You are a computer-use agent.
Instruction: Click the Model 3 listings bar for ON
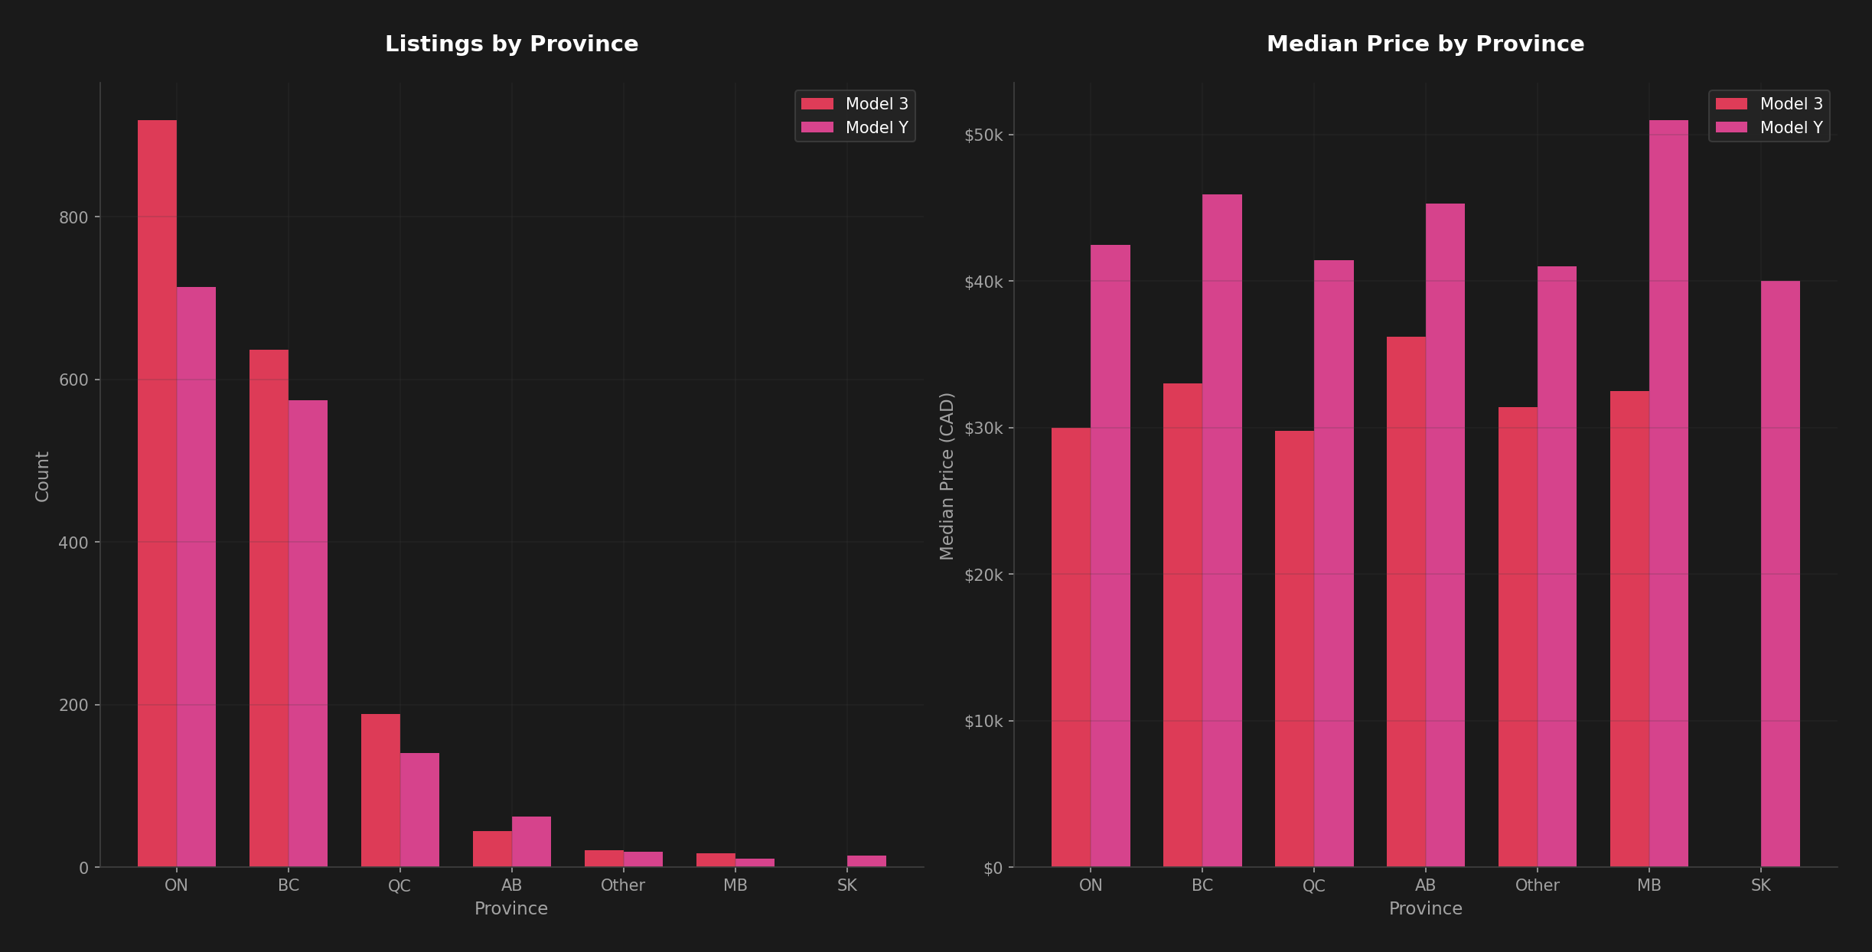coord(157,494)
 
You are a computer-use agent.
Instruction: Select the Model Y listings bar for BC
coord(308,634)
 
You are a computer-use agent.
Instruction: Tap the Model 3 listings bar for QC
coord(380,791)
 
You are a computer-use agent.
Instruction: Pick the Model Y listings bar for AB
coord(531,842)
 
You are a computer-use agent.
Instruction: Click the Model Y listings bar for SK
coord(866,862)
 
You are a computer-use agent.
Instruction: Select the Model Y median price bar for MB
coord(1668,494)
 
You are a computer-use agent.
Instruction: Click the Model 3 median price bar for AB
coord(1406,602)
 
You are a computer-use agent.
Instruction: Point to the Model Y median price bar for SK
coord(1780,574)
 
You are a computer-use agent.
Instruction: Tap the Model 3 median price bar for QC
coord(1294,649)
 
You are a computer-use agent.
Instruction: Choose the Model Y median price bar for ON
coord(1110,556)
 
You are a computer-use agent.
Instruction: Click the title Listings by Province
coord(511,44)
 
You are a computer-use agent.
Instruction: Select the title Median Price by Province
coord(1425,44)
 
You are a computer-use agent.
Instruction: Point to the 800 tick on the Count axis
coord(73,217)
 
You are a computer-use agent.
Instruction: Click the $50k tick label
coord(983,135)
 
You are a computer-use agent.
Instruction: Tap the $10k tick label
coord(983,721)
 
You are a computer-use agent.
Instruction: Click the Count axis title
coord(43,476)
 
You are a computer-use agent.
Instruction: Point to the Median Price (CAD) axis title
coord(947,476)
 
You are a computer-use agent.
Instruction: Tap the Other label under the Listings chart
coord(622,885)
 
